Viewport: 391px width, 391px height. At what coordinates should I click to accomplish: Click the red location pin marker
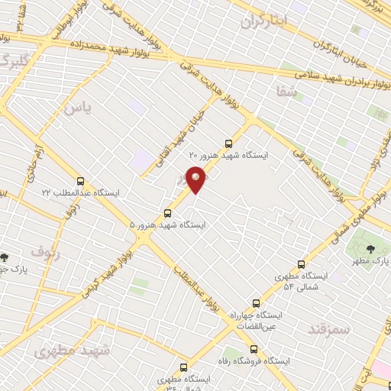click(196, 179)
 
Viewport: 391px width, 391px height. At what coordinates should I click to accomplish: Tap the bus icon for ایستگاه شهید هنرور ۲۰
click(229, 143)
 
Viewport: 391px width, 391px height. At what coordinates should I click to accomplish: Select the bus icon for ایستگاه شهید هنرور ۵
click(167, 213)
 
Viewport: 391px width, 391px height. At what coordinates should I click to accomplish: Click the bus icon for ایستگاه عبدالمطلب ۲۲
click(81, 181)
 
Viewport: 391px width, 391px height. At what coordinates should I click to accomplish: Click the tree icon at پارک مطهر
click(370, 249)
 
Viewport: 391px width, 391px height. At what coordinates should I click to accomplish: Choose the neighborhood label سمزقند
click(328, 329)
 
